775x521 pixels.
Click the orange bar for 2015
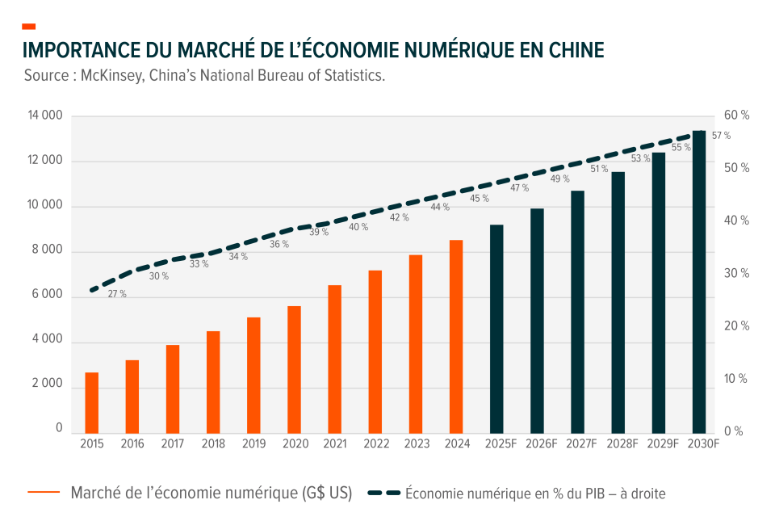[x=92, y=401]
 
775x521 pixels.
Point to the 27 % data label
[x=117, y=294]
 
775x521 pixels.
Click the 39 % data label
[x=319, y=232]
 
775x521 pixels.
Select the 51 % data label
[x=599, y=169]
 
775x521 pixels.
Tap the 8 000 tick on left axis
[x=47, y=252]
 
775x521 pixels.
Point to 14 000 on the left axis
[x=44, y=116]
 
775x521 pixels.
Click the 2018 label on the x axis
[x=213, y=443]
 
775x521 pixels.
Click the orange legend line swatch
[x=44, y=492]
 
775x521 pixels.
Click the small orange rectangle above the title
[x=29, y=27]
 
